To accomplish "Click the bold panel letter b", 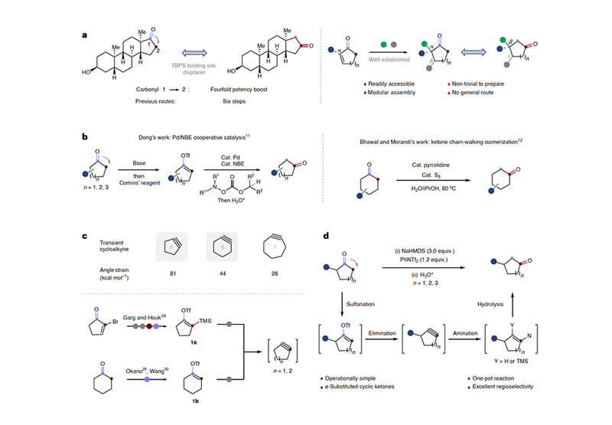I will pos(85,139).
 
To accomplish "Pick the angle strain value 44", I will pos(221,292).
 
